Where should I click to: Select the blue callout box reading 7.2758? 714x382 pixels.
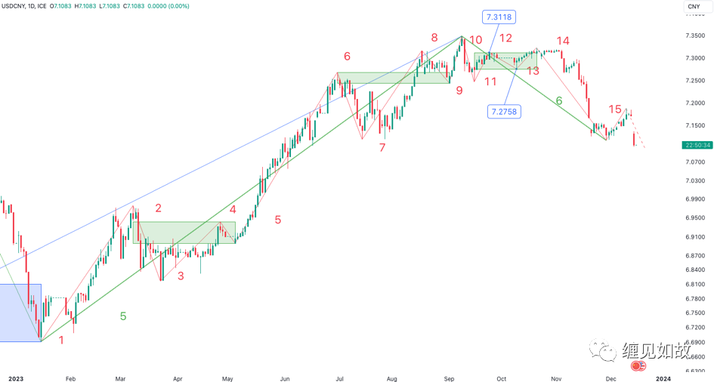tap(504, 112)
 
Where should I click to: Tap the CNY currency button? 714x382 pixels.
tap(694, 7)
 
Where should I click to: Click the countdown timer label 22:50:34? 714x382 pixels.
tap(697, 145)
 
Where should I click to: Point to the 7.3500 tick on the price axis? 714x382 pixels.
tap(696, 35)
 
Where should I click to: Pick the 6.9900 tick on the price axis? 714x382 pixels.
tap(696, 199)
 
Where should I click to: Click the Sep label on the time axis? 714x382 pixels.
tap(450, 377)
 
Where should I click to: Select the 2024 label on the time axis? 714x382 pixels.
tap(663, 377)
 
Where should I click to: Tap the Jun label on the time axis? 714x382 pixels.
tap(285, 377)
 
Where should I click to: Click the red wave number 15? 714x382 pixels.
tap(615, 110)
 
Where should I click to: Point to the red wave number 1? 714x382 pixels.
tap(61, 340)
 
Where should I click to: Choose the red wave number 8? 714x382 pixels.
tap(434, 38)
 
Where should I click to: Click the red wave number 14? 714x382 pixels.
tap(562, 41)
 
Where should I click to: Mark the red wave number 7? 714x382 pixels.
tap(382, 147)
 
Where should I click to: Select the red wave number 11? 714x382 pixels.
tap(490, 82)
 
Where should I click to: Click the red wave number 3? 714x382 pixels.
tap(181, 276)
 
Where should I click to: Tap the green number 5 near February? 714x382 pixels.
tap(123, 316)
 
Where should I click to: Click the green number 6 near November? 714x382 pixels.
tap(559, 100)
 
